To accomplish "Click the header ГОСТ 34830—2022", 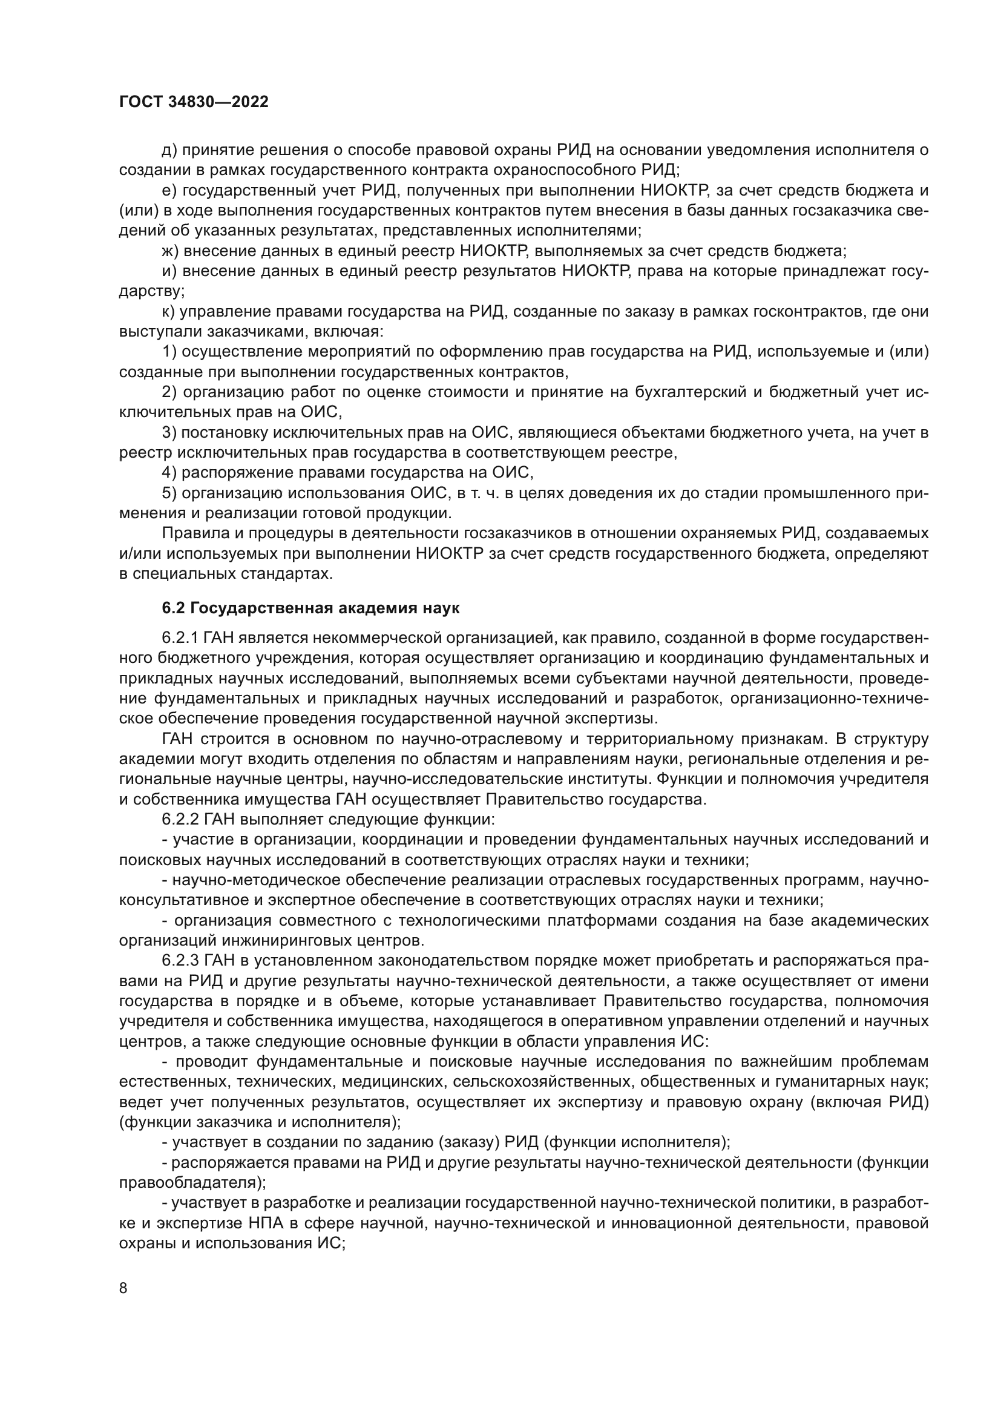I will click(x=194, y=102).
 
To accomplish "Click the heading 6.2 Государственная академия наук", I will click(x=310, y=608).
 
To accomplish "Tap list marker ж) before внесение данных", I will click(x=170, y=251).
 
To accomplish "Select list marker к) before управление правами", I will click(x=168, y=312).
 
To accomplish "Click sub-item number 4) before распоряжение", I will click(x=169, y=473).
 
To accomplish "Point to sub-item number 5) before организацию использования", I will click(x=169, y=493).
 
